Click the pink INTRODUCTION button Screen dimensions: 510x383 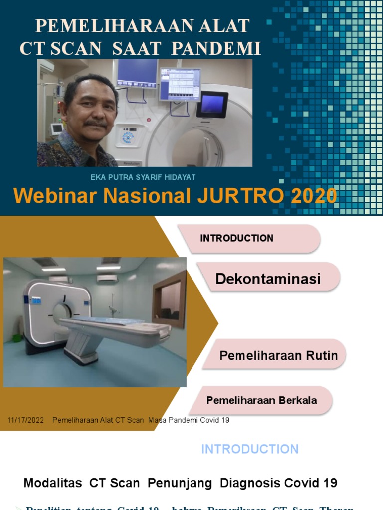pyautogui.click(x=237, y=238)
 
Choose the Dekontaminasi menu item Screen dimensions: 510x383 pyautogui.click(x=268, y=279)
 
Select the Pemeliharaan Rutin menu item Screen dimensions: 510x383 pyautogui.click(x=278, y=355)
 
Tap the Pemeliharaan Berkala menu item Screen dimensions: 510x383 pyautogui.click(x=261, y=400)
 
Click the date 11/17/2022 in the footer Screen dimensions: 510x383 pyautogui.click(x=26, y=420)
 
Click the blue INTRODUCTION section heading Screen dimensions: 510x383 pyautogui.click(x=250, y=449)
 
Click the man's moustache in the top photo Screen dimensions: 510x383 pyautogui.click(x=96, y=123)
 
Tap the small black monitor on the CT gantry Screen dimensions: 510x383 pyautogui.click(x=212, y=104)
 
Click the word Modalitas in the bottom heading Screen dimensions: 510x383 pyautogui.click(x=54, y=483)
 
